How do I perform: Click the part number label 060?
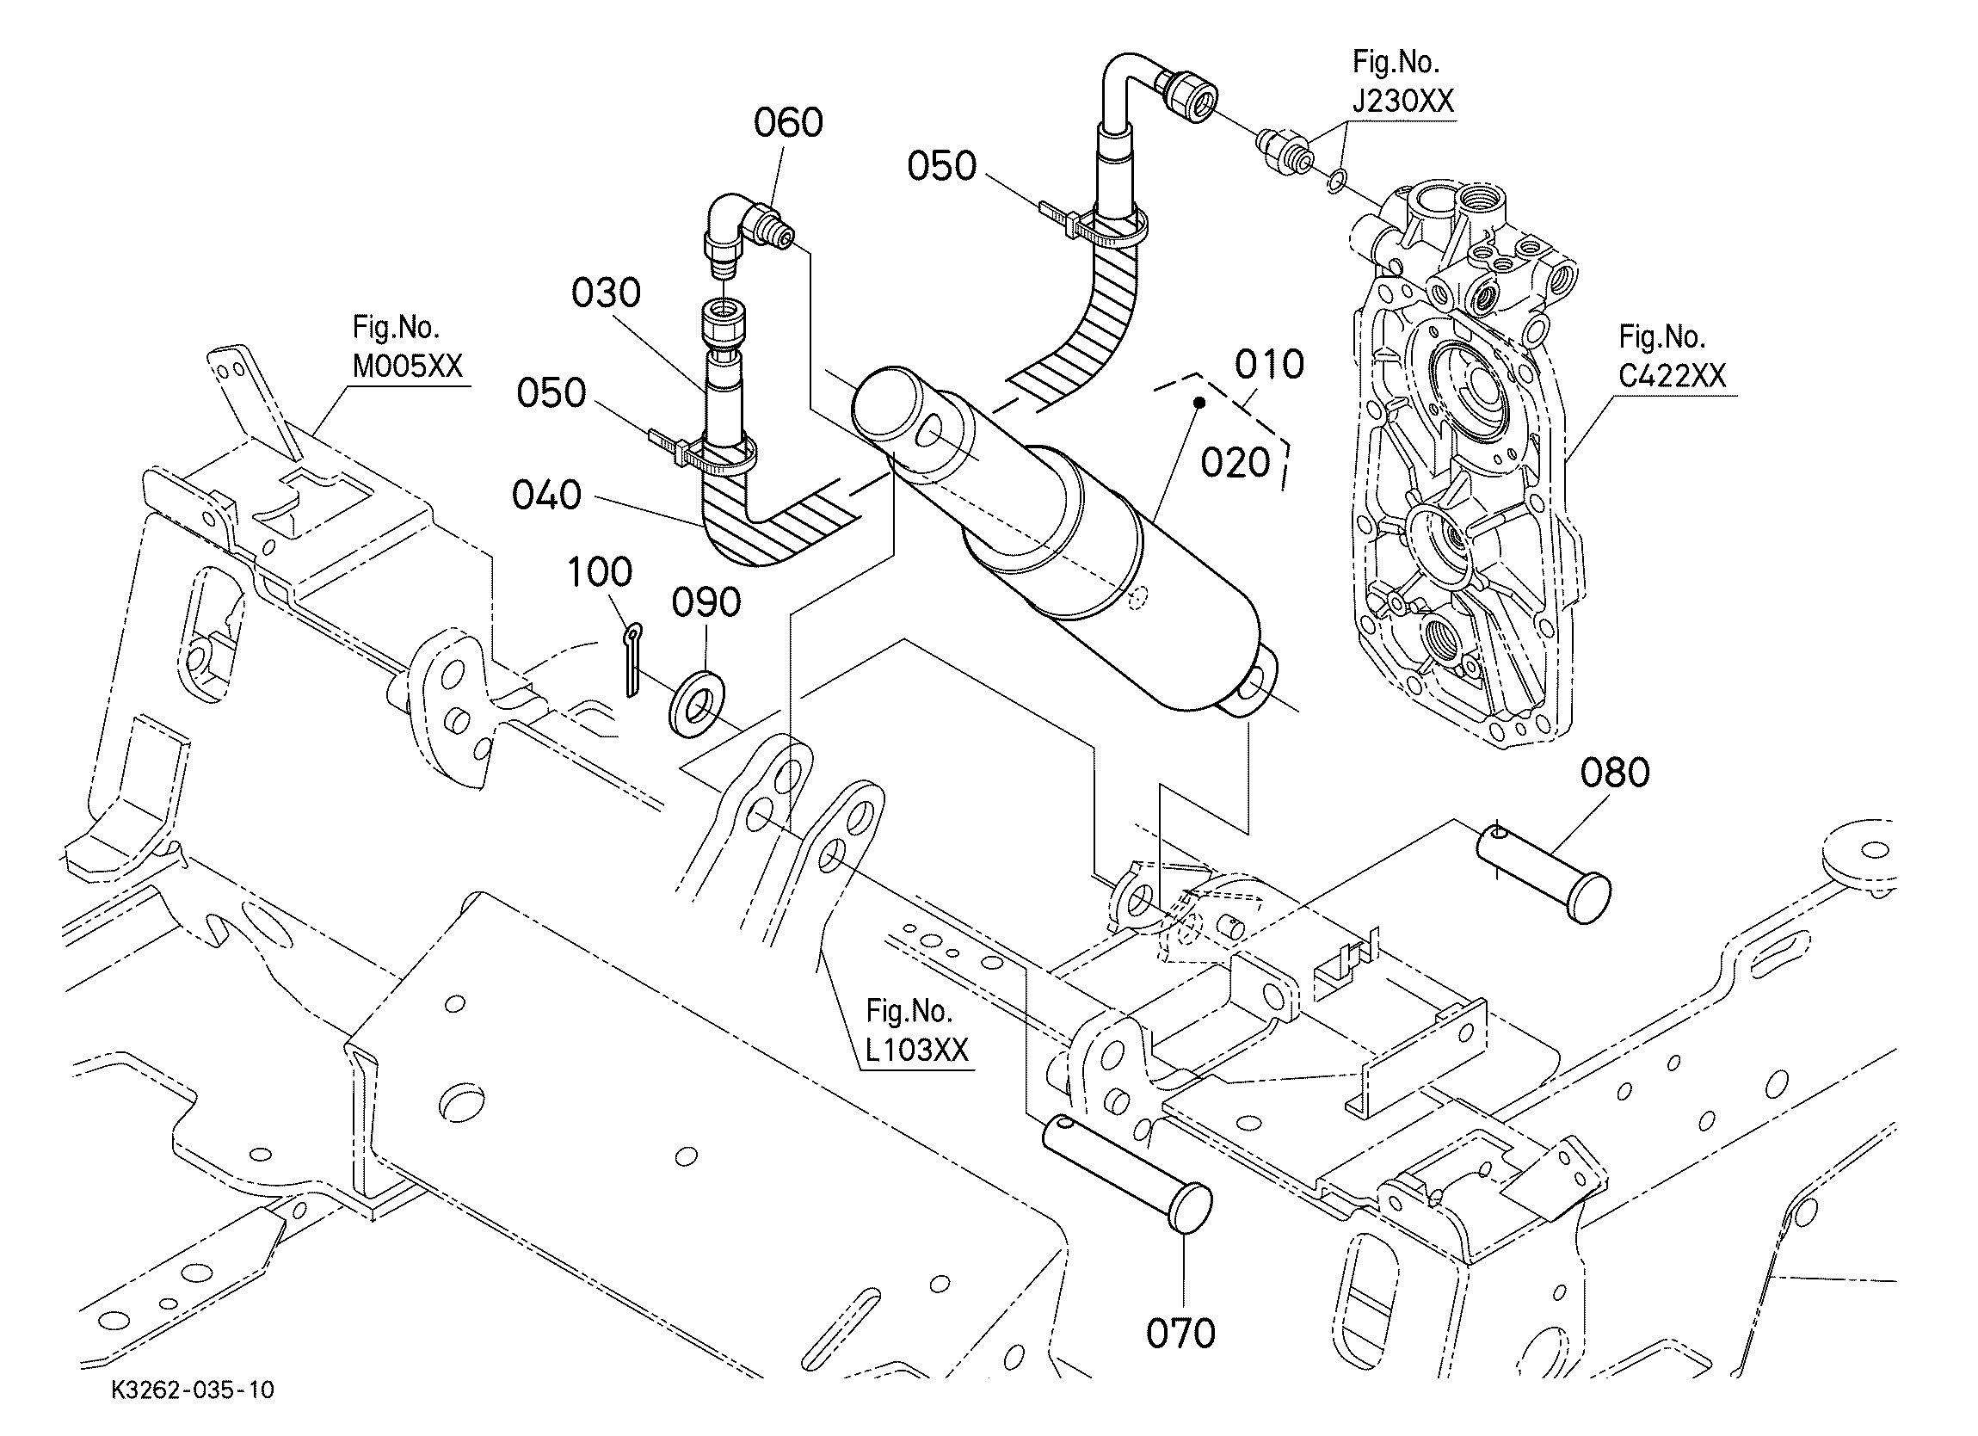click(788, 123)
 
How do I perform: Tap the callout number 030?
click(606, 293)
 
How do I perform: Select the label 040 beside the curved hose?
click(547, 496)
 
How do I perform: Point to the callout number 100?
click(600, 572)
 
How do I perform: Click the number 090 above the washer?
click(706, 602)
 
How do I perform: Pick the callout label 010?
click(1269, 364)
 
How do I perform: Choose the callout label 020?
click(1235, 463)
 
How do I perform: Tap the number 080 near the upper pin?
click(1615, 773)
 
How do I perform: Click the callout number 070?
click(1181, 1334)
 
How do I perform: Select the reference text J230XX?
click(1403, 102)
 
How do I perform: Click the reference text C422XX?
click(1673, 376)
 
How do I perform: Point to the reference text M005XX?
click(407, 367)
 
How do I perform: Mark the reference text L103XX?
click(917, 1050)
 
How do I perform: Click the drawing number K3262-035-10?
click(193, 1390)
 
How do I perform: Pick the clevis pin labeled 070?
click(1128, 1174)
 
